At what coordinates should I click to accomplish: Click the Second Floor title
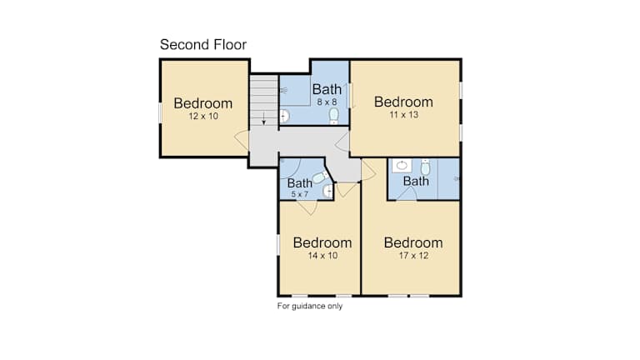click(x=203, y=44)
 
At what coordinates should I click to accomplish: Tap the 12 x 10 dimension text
click(x=203, y=116)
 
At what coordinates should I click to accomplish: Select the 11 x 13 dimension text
click(x=403, y=115)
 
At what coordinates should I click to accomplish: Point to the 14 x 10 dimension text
click(x=322, y=256)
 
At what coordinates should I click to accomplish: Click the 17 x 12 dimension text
click(x=413, y=256)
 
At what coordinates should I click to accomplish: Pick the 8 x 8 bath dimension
click(x=327, y=102)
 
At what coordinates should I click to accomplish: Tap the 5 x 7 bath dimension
click(x=300, y=194)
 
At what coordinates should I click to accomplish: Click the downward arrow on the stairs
click(x=264, y=118)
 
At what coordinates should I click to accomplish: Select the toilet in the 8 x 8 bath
click(x=334, y=116)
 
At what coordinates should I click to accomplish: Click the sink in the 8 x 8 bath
click(x=284, y=117)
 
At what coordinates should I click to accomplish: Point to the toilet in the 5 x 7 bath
click(x=320, y=177)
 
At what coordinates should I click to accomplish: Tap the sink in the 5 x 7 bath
click(x=328, y=191)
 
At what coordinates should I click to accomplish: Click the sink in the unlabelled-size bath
click(x=402, y=165)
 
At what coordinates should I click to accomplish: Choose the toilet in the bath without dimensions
click(x=425, y=167)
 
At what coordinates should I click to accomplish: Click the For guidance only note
click(x=310, y=306)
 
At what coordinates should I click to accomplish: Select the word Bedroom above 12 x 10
click(x=202, y=103)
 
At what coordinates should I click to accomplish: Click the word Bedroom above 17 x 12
click(x=413, y=242)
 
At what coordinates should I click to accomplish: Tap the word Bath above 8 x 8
click(x=327, y=89)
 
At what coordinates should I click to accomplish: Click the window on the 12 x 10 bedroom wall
click(x=160, y=112)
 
